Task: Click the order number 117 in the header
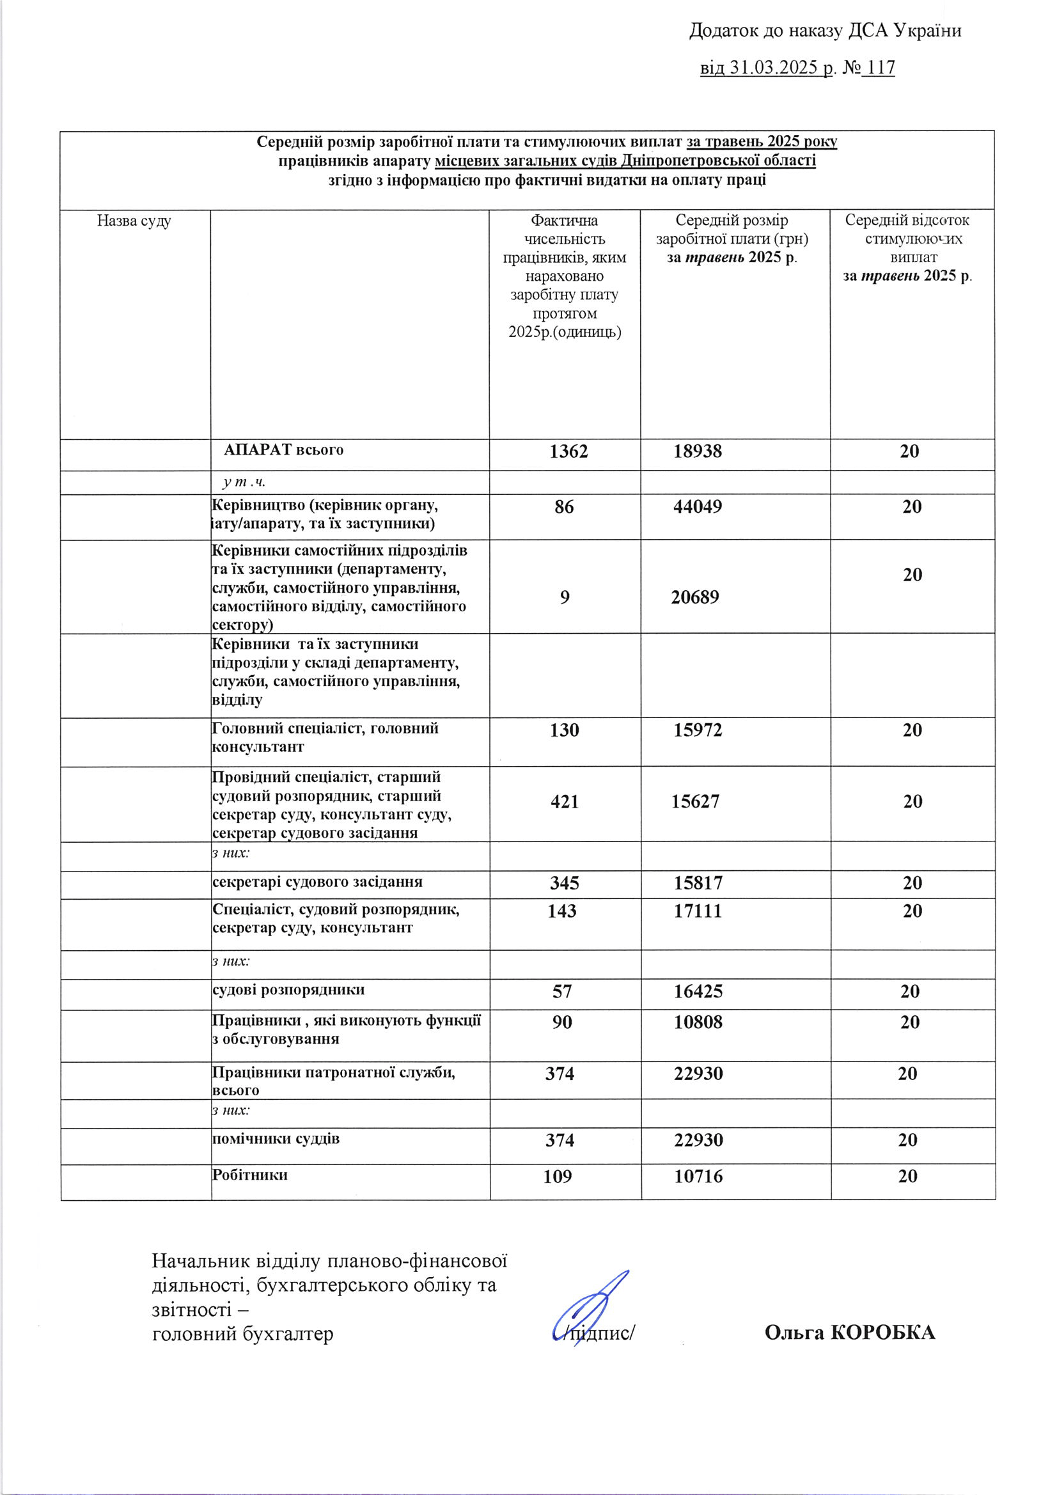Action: (881, 68)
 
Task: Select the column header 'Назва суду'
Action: (134, 221)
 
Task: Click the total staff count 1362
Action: (568, 452)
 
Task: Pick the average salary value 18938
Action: (698, 452)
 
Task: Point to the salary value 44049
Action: (698, 506)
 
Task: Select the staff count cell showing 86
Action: (564, 506)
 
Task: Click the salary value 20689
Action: (695, 597)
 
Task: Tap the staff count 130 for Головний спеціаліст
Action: (564, 730)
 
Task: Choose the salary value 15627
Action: (695, 802)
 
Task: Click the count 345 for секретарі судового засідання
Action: (564, 883)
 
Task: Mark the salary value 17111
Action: (698, 911)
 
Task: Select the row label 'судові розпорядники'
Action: (288, 990)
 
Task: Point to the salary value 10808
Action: (698, 1022)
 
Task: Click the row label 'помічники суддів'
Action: (276, 1139)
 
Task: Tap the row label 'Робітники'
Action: (250, 1175)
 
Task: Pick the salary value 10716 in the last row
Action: (698, 1177)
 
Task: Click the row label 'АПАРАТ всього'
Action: (283, 450)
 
